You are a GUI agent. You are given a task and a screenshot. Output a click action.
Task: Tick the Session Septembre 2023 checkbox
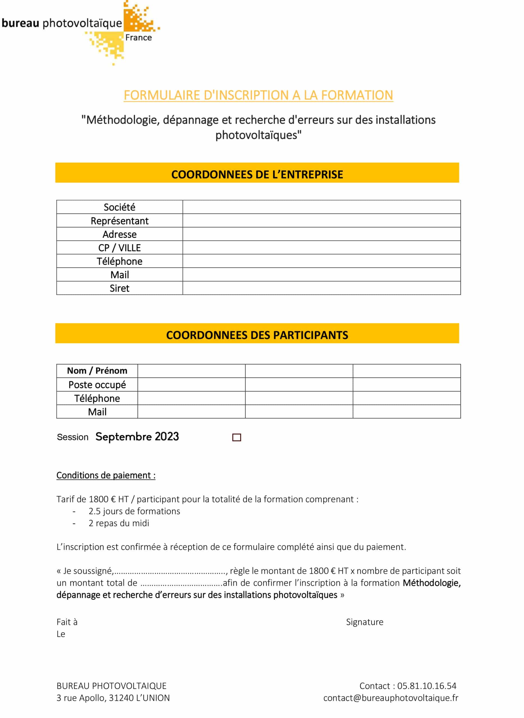pos(237,438)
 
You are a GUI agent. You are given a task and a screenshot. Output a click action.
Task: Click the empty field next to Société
pos(321,207)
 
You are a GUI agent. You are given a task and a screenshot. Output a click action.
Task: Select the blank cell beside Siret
pos(321,288)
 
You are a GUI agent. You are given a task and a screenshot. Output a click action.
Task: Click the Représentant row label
pos(119,221)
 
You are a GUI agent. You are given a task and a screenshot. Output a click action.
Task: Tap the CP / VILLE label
pos(119,248)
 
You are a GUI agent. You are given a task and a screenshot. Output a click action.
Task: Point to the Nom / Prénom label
pos(97,371)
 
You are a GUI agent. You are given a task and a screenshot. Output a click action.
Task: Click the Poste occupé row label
pos(97,385)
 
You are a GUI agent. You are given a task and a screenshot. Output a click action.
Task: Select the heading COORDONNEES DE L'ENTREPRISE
pos(257,174)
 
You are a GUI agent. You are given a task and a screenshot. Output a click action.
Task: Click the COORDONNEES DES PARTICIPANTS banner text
pos(257,335)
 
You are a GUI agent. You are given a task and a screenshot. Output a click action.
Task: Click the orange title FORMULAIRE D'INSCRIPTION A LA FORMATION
pos(258,95)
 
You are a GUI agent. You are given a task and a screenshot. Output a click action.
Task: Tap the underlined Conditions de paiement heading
pos(106,475)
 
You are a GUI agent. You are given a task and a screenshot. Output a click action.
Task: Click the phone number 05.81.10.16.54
pos(427,686)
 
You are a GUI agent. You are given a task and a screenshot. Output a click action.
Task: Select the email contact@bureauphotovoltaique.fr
pos(390,698)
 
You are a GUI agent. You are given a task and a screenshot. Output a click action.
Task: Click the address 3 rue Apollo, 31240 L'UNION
pos(113,698)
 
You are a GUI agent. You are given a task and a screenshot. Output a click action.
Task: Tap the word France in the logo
pos(139,38)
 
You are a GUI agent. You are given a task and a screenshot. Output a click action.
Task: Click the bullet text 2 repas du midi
pos(119,523)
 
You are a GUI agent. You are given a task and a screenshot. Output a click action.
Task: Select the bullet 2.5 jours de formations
pos(134,511)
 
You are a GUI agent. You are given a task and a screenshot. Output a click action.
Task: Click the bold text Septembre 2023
pos(137,437)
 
